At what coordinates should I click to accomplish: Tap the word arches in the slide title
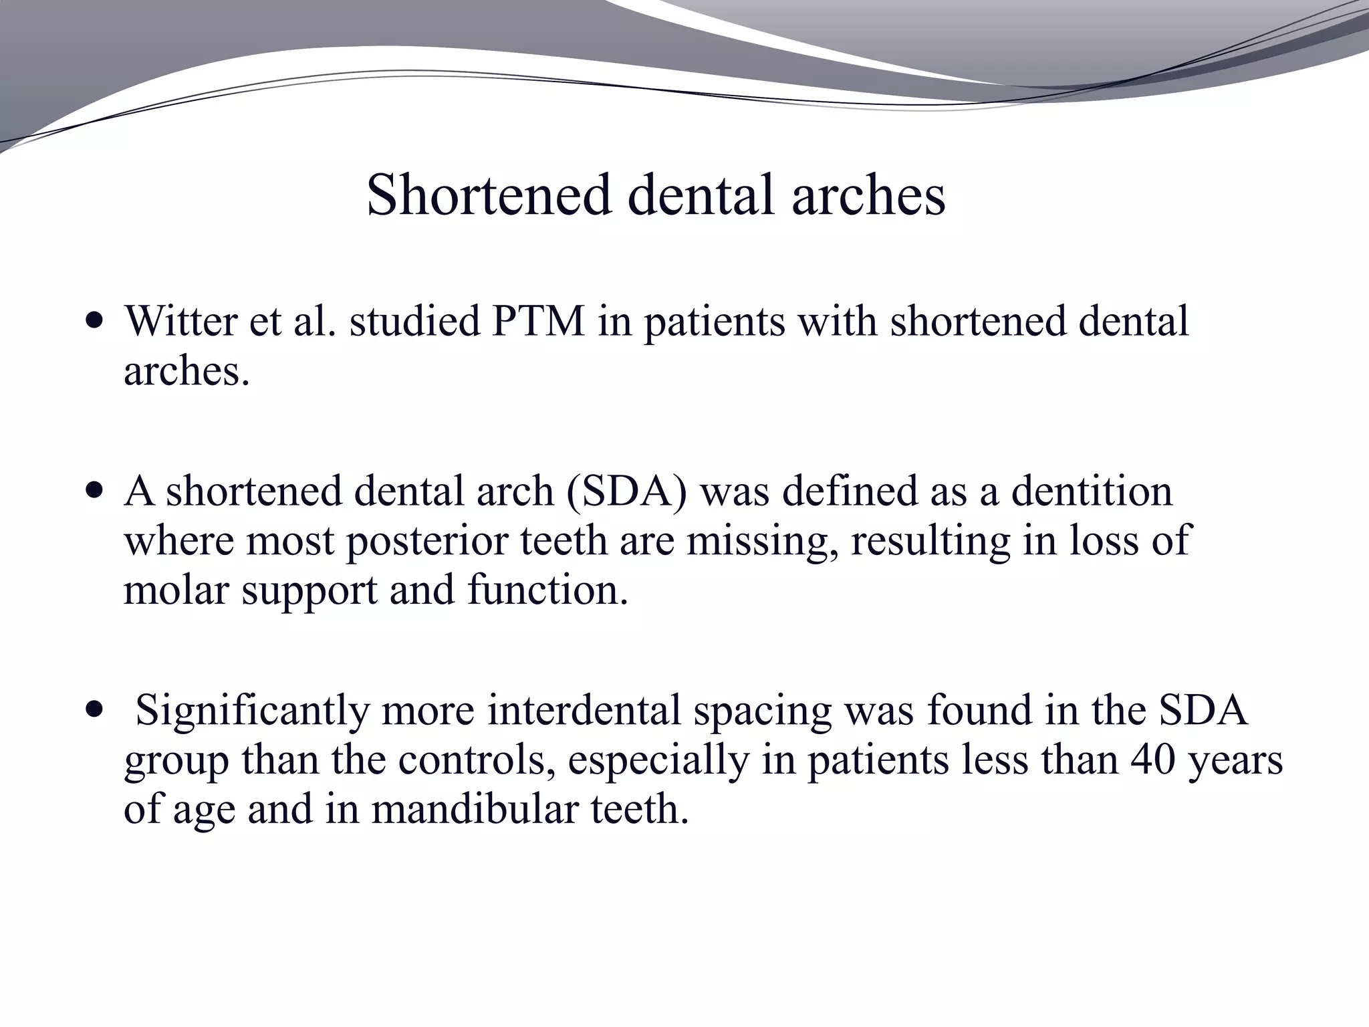pyautogui.click(x=868, y=195)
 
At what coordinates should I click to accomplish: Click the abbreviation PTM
pyautogui.click(x=537, y=321)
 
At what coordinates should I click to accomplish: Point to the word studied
pyautogui.click(x=414, y=321)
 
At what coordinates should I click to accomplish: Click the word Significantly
pyautogui.click(x=252, y=710)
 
